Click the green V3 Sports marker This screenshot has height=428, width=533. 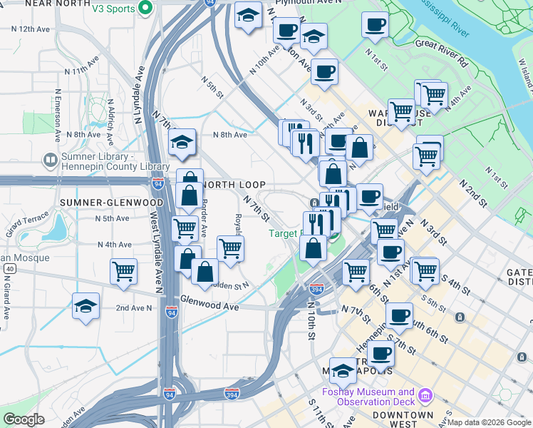(145, 9)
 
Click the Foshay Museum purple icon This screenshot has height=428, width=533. (426, 394)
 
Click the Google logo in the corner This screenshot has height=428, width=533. (24, 419)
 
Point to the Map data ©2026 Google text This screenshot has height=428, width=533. (489, 422)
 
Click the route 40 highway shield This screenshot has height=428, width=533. (9, 268)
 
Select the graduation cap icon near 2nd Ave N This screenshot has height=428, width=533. (86, 307)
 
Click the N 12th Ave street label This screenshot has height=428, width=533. (30, 29)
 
